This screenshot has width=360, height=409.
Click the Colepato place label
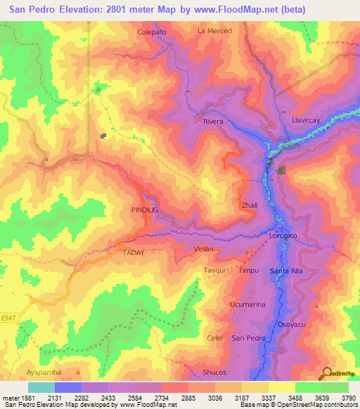click(152, 32)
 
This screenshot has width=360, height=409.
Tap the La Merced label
click(214, 31)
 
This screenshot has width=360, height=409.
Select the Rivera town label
click(213, 122)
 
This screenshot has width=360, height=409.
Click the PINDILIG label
click(144, 210)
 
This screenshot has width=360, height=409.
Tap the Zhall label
click(250, 206)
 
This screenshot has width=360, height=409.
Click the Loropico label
click(285, 237)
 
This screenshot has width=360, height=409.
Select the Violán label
click(203, 249)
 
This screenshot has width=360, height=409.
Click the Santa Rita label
click(285, 271)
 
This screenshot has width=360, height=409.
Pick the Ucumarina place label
click(247, 304)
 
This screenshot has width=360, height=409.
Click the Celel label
click(215, 338)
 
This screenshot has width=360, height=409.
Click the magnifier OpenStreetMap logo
click(326, 372)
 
